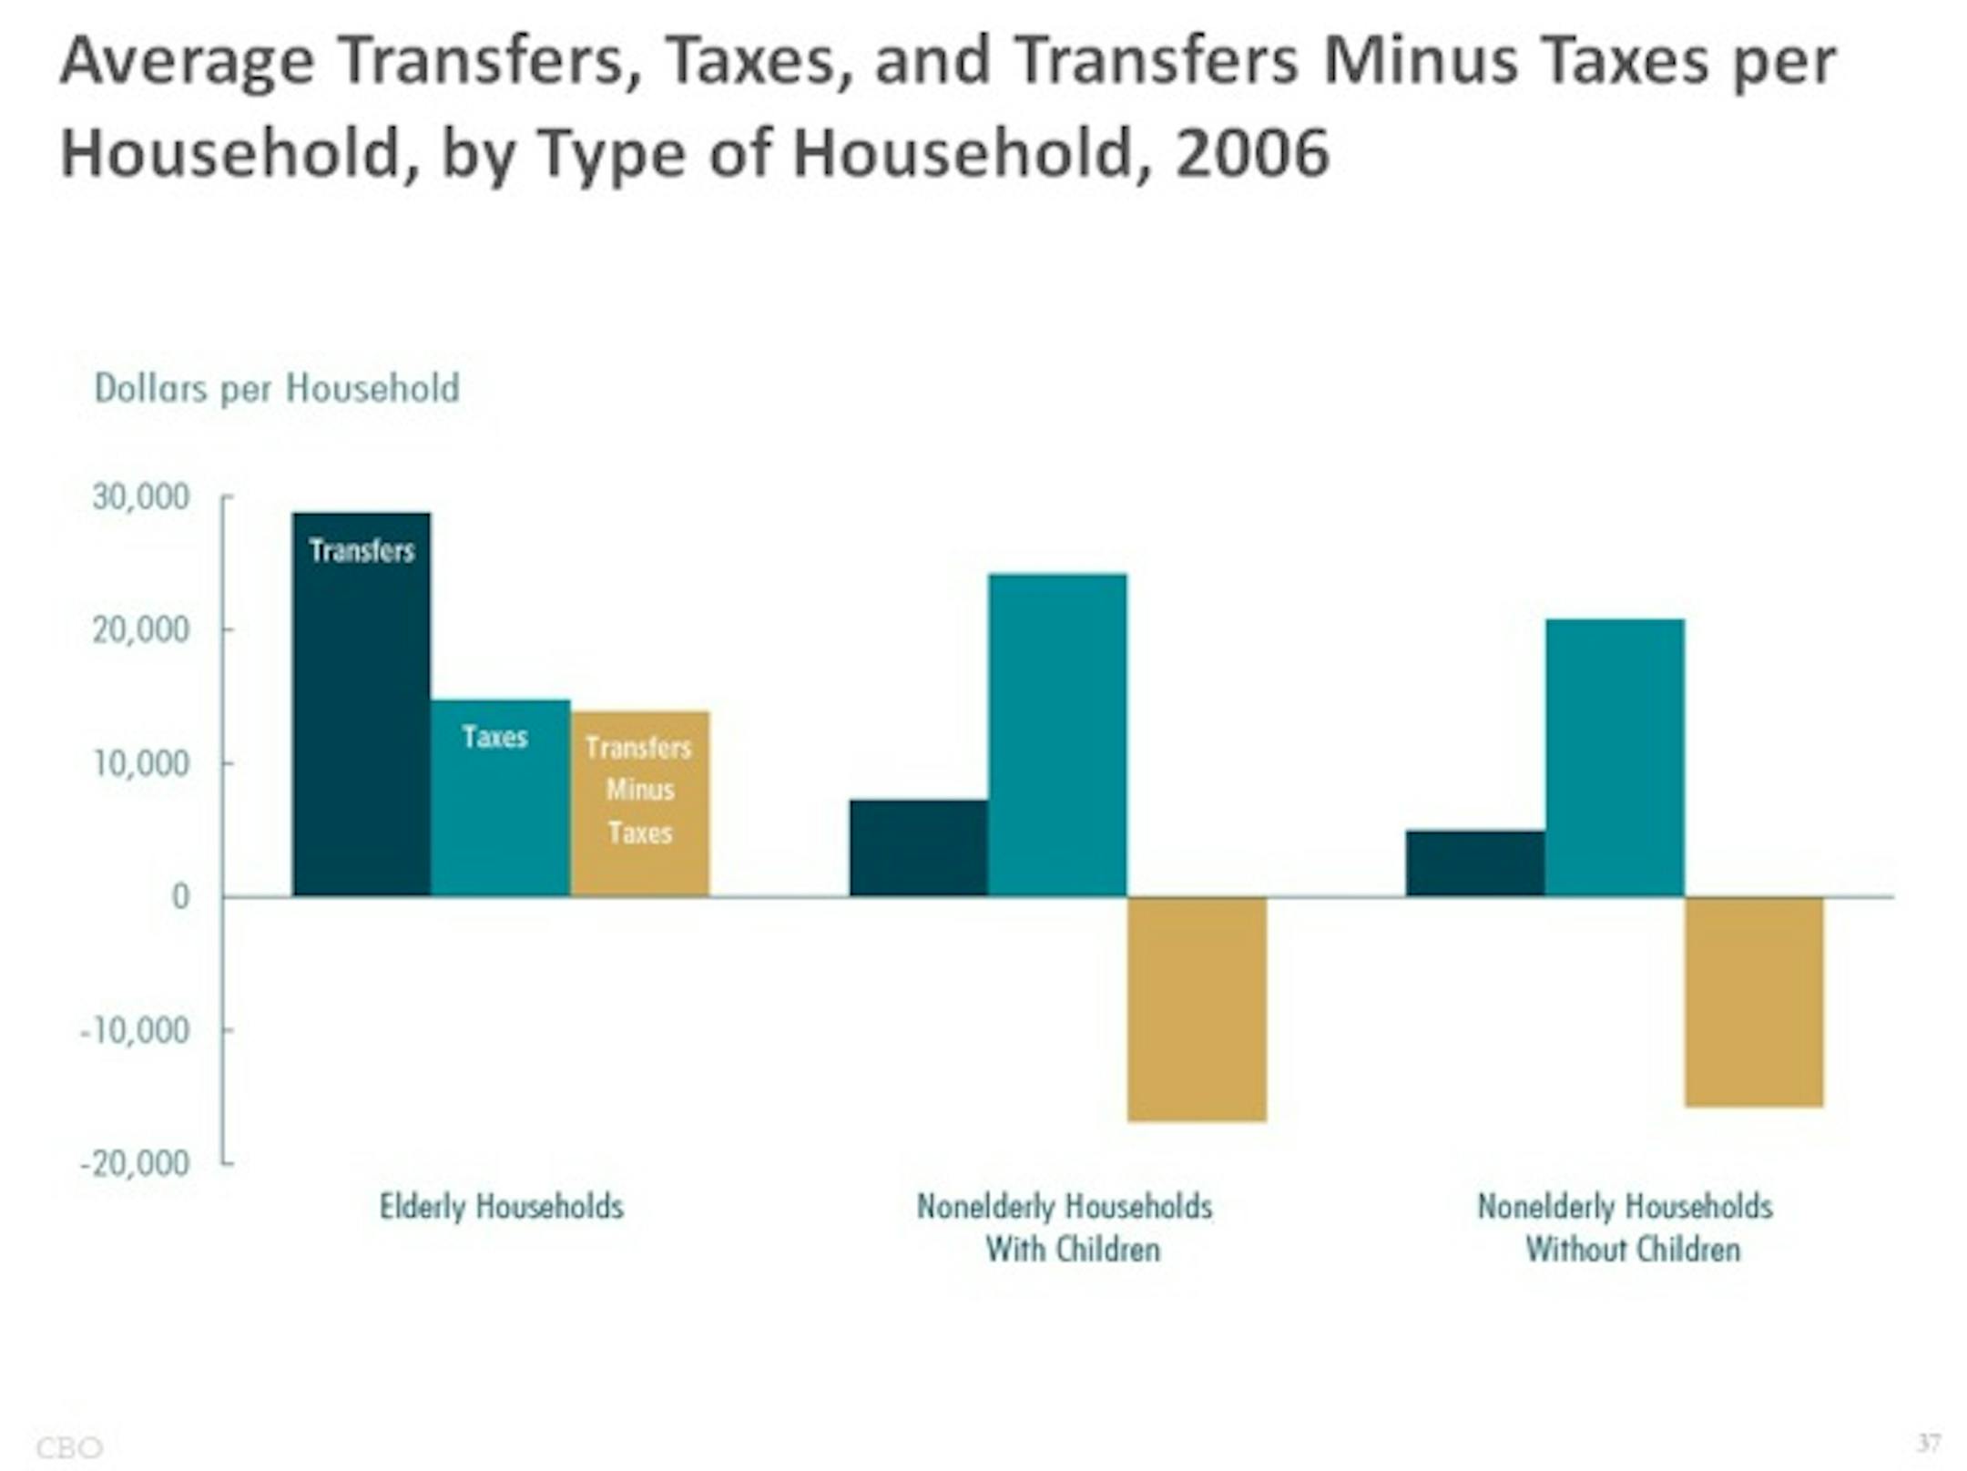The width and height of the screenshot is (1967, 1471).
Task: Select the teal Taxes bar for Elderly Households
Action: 500,798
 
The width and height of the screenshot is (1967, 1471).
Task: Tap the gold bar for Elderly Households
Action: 640,803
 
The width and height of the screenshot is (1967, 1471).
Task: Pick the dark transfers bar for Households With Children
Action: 918,848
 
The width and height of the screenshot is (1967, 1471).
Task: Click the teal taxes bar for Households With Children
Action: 1057,735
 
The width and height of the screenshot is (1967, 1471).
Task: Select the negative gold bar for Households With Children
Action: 1197,1009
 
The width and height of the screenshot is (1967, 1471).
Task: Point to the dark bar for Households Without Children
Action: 1474,863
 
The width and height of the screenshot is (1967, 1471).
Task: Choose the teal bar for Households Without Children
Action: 1615,758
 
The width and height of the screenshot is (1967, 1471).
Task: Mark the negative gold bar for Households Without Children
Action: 1754,1002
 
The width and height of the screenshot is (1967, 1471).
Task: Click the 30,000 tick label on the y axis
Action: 141,497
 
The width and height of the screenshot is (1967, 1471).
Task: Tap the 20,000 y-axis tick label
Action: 141,630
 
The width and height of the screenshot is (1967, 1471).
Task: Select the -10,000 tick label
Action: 135,1031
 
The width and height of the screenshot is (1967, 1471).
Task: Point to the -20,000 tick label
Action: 135,1164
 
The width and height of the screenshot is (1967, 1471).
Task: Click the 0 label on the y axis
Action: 180,897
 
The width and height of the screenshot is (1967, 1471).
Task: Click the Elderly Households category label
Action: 501,1207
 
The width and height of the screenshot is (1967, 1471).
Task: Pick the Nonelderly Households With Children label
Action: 1065,1228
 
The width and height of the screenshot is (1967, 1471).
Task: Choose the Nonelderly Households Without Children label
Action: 1625,1228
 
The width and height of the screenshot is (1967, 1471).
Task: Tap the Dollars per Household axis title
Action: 277,389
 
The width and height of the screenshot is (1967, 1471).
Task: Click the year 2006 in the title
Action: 1252,153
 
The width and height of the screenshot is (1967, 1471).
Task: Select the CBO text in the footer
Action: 69,1447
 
